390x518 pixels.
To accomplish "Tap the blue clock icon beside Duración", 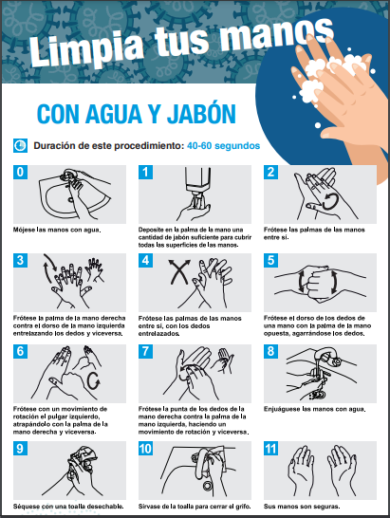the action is (x=20, y=145).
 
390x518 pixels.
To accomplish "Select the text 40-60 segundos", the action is (x=223, y=146).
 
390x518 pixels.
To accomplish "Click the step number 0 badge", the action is (x=20, y=172).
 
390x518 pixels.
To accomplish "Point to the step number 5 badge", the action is (x=270, y=260).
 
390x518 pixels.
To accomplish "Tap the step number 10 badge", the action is (x=145, y=449).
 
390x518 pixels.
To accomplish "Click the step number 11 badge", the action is (x=270, y=449).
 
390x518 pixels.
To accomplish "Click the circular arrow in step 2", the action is (x=330, y=201).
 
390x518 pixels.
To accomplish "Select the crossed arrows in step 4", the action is (x=179, y=272).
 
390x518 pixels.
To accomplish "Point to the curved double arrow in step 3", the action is (x=49, y=268).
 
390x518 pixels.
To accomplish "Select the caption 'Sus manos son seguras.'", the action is (x=302, y=506).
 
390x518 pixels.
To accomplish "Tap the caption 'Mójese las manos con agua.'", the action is (x=57, y=230).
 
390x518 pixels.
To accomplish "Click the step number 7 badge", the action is (x=145, y=351).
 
